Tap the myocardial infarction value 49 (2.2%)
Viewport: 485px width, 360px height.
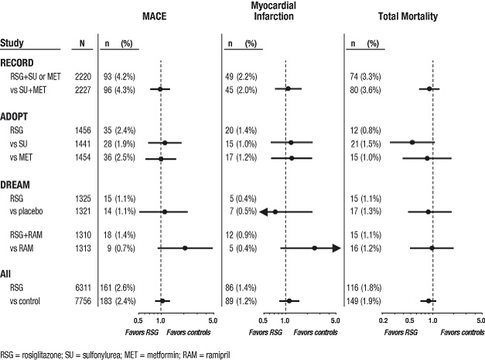click(244, 77)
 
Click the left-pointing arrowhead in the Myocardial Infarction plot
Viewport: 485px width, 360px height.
click(265, 211)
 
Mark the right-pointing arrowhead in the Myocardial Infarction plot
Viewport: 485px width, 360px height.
click(336, 248)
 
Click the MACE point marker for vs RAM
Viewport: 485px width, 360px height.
click(185, 248)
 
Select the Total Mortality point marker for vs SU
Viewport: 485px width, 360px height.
click(412, 142)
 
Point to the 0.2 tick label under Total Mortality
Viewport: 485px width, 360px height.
click(383, 318)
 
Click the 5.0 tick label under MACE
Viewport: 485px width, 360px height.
click(212, 318)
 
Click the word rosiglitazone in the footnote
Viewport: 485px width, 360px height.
click(43, 353)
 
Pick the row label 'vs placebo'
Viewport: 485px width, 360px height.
click(26, 211)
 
